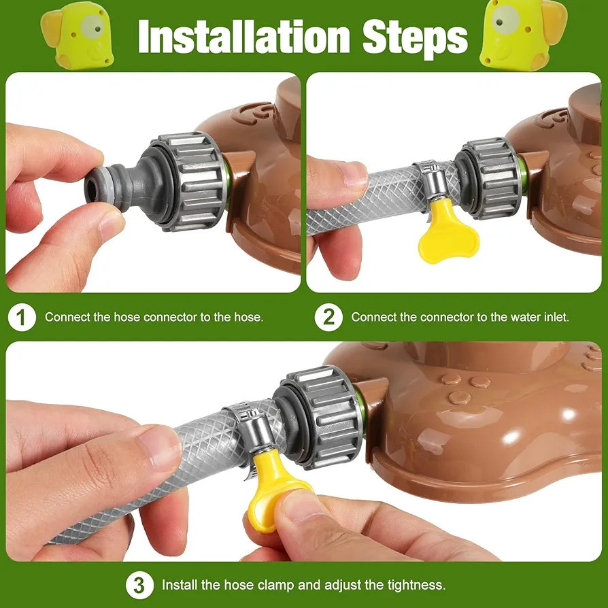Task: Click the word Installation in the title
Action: pos(244,37)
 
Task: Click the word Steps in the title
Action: pos(416,38)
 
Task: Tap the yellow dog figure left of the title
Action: pos(78,35)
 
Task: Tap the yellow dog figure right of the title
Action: pos(523,34)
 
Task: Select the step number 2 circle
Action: pos(328,318)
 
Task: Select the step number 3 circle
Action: pos(139,585)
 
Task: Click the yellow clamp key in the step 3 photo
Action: pos(275,488)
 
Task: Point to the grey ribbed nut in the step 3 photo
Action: pos(320,417)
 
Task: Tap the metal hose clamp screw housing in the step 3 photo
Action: pos(255,430)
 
